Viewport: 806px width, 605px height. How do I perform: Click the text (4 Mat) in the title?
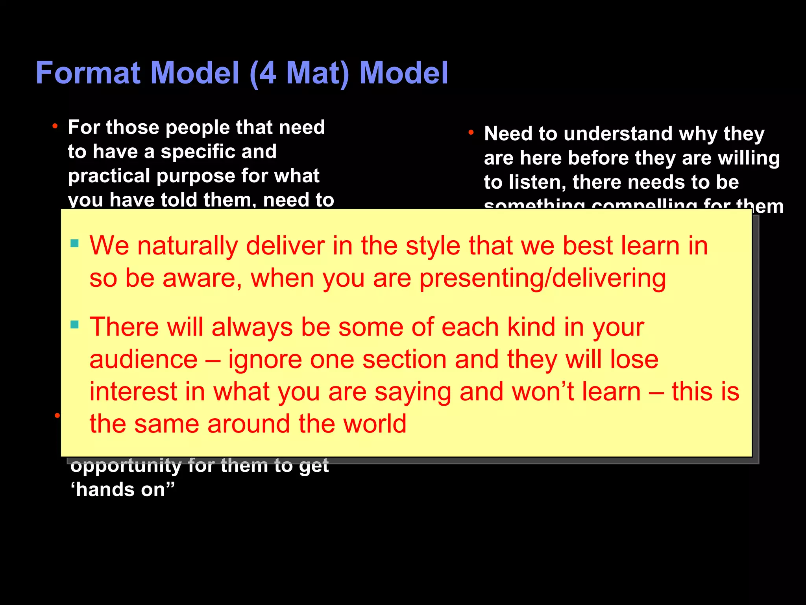pyautogui.click(x=299, y=73)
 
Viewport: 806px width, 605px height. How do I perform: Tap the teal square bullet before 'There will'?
pyautogui.click(x=74, y=325)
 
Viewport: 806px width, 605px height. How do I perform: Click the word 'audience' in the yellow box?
pyautogui.click(x=143, y=360)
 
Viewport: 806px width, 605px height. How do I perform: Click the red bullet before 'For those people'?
pyautogui.click(x=55, y=126)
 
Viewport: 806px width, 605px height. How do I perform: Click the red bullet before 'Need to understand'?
pyautogui.click(x=471, y=133)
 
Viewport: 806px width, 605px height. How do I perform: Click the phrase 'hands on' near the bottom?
pyautogui.click(x=122, y=490)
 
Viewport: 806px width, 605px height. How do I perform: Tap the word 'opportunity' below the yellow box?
pyautogui.click(x=126, y=466)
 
